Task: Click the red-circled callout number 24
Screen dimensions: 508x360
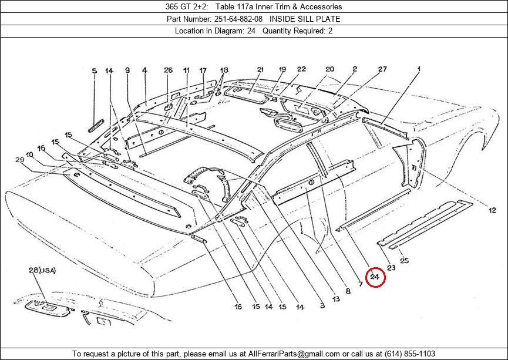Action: tap(375, 277)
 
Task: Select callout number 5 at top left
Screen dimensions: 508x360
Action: tap(95, 71)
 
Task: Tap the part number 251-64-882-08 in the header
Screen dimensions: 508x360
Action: tap(238, 19)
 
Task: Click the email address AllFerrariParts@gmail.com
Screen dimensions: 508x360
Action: tap(294, 354)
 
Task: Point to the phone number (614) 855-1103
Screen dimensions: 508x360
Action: tap(410, 354)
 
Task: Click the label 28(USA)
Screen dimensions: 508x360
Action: tap(42, 270)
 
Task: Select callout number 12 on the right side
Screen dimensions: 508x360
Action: tap(492, 210)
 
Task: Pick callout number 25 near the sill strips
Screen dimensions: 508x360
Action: tap(404, 260)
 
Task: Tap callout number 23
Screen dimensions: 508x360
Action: tap(391, 268)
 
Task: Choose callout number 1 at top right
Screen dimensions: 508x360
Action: tap(419, 69)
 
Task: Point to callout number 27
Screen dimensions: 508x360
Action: tap(382, 69)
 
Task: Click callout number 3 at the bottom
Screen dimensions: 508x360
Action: tap(322, 305)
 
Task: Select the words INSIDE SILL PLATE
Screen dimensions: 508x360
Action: tap(305, 19)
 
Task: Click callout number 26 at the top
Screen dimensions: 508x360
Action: tap(168, 70)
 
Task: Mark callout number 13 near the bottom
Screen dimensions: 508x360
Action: tap(336, 299)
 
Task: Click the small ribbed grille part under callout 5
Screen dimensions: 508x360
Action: tap(96, 126)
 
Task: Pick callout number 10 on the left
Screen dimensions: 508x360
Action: tap(30, 155)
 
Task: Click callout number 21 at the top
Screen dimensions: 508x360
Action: tap(261, 69)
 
